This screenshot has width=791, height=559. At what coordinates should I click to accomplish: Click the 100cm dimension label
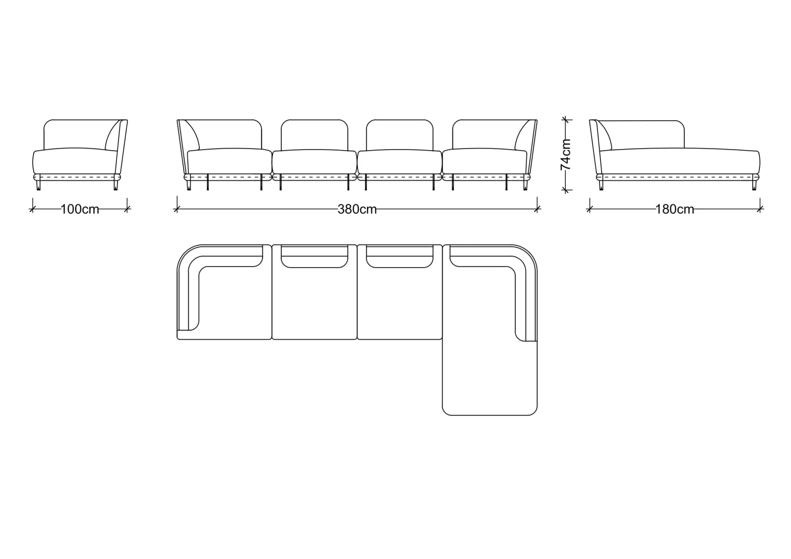click(x=80, y=210)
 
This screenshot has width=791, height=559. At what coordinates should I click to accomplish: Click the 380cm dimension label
click(x=357, y=210)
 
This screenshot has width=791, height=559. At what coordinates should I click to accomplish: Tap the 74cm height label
click(x=566, y=155)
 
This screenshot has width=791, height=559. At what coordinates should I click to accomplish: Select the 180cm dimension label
click(x=675, y=210)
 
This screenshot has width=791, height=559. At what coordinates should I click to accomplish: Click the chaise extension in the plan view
click(x=489, y=378)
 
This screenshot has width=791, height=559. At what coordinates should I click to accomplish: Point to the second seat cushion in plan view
click(x=314, y=304)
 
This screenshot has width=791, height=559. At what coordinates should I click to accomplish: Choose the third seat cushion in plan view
click(x=400, y=304)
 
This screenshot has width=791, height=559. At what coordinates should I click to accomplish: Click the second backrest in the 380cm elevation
click(x=314, y=135)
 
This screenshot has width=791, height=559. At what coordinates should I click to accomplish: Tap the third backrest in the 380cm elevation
click(x=400, y=135)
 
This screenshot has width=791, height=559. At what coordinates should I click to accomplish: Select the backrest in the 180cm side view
click(x=640, y=135)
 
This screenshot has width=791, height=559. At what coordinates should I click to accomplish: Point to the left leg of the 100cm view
click(x=38, y=185)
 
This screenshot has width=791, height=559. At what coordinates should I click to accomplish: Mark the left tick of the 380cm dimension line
click(x=177, y=209)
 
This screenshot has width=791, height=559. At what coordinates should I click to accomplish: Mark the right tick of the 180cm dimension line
click(x=760, y=209)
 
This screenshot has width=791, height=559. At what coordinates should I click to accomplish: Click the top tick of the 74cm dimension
click(x=566, y=120)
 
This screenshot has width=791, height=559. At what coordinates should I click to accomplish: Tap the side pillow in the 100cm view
click(x=113, y=136)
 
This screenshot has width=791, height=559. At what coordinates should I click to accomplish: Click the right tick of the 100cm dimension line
click(x=127, y=209)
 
